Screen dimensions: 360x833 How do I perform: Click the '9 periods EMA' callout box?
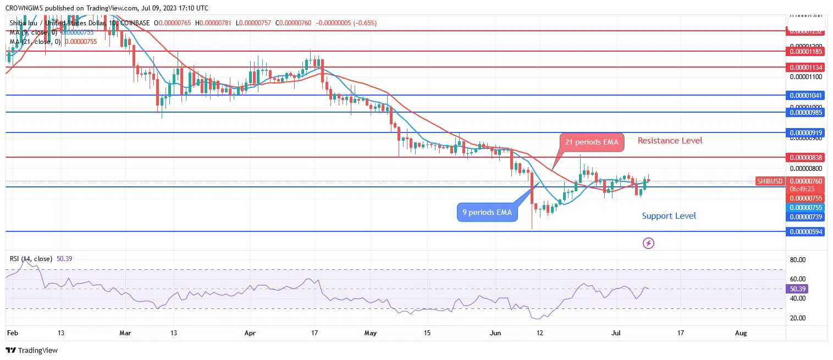[x=487, y=212]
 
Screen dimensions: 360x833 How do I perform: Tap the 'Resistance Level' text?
[x=670, y=141]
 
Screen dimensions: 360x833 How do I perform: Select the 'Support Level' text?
[x=669, y=216]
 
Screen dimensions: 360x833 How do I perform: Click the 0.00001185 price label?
[x=806, y=52]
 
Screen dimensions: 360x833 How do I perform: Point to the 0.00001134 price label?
[x=806, y=68]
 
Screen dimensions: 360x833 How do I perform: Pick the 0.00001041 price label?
[x=806, y=96]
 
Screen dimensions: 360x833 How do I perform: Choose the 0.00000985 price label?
[x=806, y=113]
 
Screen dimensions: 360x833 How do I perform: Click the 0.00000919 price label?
[x=806, y=133]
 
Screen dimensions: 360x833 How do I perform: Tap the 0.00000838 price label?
[x=806, y=158]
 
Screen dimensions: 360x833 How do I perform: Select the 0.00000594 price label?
[x=806, y=232]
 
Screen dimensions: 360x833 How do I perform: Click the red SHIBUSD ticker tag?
[x=769, y=181]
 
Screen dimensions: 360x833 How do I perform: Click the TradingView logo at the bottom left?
[x=31, y=350]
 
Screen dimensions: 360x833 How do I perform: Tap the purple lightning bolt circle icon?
[x=648, y=243]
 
